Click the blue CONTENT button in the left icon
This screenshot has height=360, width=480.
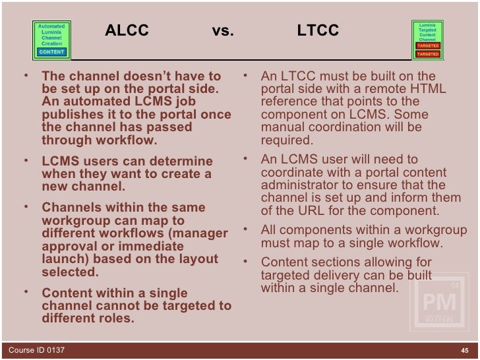51,51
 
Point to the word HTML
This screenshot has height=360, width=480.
431,90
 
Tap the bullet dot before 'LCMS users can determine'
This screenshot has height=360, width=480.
24,160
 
